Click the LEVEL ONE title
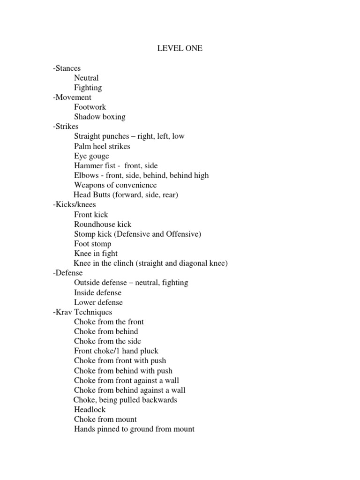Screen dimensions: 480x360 (x=180, y=48)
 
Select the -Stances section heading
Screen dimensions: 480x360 (x=67, y=68)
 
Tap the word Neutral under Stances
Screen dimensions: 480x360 (x=86, y=78)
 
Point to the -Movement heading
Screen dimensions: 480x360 (x=72, y=97)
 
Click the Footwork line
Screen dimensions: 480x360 (x=90, y=107)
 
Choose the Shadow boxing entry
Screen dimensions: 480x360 (x=99, y=117)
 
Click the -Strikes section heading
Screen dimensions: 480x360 (x=66, y=127)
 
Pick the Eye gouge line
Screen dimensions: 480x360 (x=91, y=156)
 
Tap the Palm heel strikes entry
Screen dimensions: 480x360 (x=102, y=146)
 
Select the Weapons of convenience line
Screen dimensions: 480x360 (x=115, y=185)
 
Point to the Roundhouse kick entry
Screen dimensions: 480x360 (x=103, y=225)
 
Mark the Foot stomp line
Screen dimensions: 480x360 (x=93, y=244)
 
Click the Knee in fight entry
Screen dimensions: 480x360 (x=96, y=254)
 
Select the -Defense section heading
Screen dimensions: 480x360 (x=67, y=273)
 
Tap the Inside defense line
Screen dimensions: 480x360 (x=97, y=292)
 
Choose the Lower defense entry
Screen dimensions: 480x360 (x=98, y=302)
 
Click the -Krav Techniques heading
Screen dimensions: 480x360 (x=82, y=312)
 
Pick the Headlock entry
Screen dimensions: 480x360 (x=90, y=410)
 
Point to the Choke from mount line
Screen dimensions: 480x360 (x=105, y=420)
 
